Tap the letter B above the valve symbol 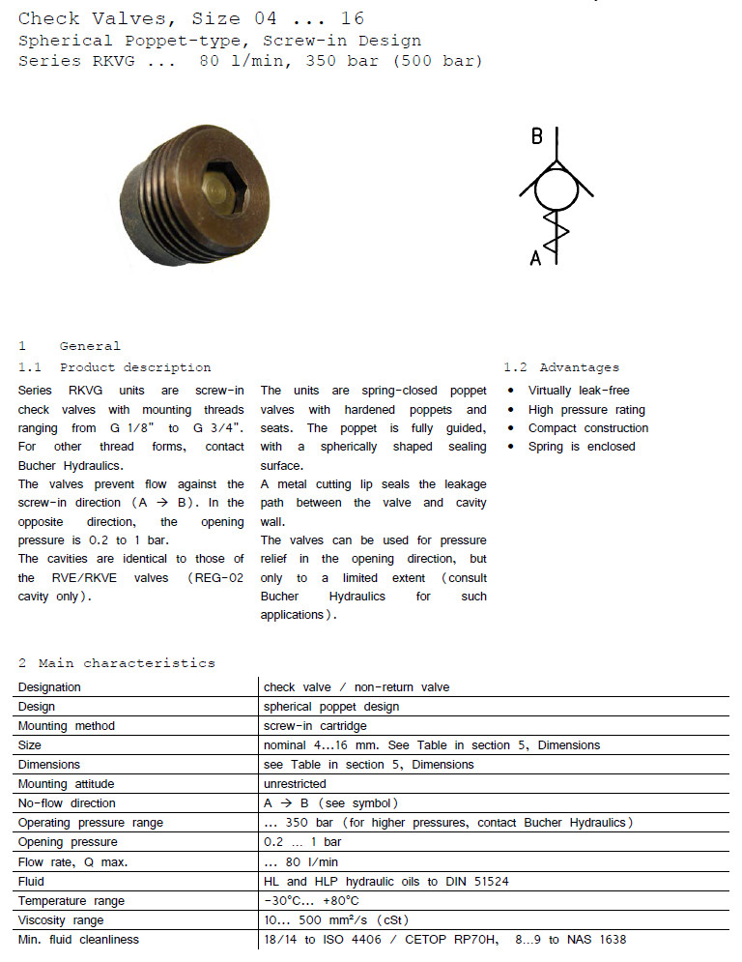[x=537, y=135]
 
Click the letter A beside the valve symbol [x=536, y=257]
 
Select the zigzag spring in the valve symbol [x=557, y=234]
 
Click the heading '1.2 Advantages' [x=561, y=367]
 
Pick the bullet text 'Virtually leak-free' [x=578, y=391]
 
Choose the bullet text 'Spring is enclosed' [x=581, y=447]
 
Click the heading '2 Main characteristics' [x=117, y=663]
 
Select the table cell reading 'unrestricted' [x=295, y=784]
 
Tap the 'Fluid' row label [x=31, y=881]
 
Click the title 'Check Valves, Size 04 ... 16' [x=191, y=18]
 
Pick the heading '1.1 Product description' [x=114, y=367]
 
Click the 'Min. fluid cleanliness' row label [x=78, y=939]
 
